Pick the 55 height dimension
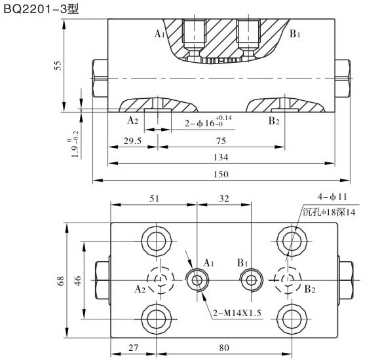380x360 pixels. [58, 66]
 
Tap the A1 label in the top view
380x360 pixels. [159, 33]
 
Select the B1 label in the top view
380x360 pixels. [295, 33]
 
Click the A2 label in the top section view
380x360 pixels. [133, 120]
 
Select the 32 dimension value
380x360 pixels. [223, 198]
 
